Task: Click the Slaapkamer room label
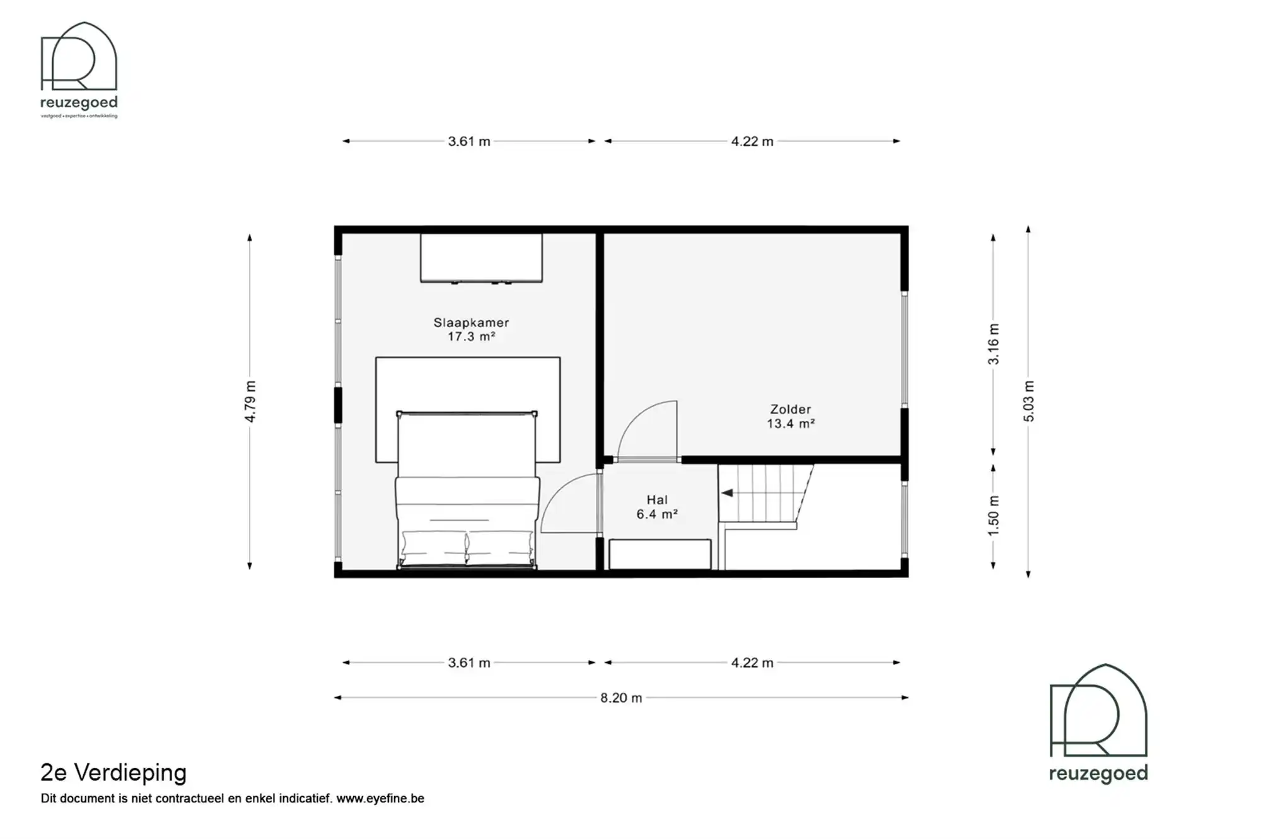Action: point(471,322)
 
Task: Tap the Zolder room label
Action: point(790,409)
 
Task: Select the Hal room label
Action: point(656,500)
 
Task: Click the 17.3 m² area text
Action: point(471,337)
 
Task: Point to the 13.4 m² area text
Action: point(790,424)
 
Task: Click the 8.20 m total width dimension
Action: point(621,698)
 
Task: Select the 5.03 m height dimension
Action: point(1028,402)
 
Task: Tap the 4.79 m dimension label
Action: point(250,402)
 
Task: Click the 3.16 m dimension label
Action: point(994,344)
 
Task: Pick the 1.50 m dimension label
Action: point(994,516)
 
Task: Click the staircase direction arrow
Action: point(727,493)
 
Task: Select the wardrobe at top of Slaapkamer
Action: point(481,258)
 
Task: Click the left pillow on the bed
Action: point(433,547)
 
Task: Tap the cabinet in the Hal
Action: point(659,554)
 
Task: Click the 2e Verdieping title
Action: point(113,772)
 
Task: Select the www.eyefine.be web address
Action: point(380,799)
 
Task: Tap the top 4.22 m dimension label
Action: point(752,142)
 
